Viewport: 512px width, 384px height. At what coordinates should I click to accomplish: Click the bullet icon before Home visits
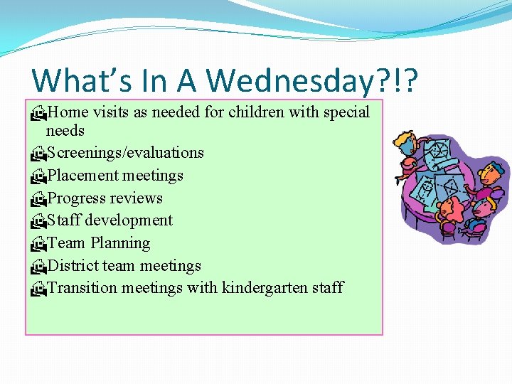click(38, 112)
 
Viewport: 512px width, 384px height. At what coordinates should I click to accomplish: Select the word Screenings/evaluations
click(125, 153)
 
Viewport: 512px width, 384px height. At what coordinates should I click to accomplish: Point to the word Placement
click(82, 176)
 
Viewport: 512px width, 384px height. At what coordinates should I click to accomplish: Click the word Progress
click(80, 198)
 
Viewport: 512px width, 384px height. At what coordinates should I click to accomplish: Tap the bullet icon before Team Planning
click(38, 244)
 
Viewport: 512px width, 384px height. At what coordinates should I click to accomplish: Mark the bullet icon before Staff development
click(38, 221)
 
